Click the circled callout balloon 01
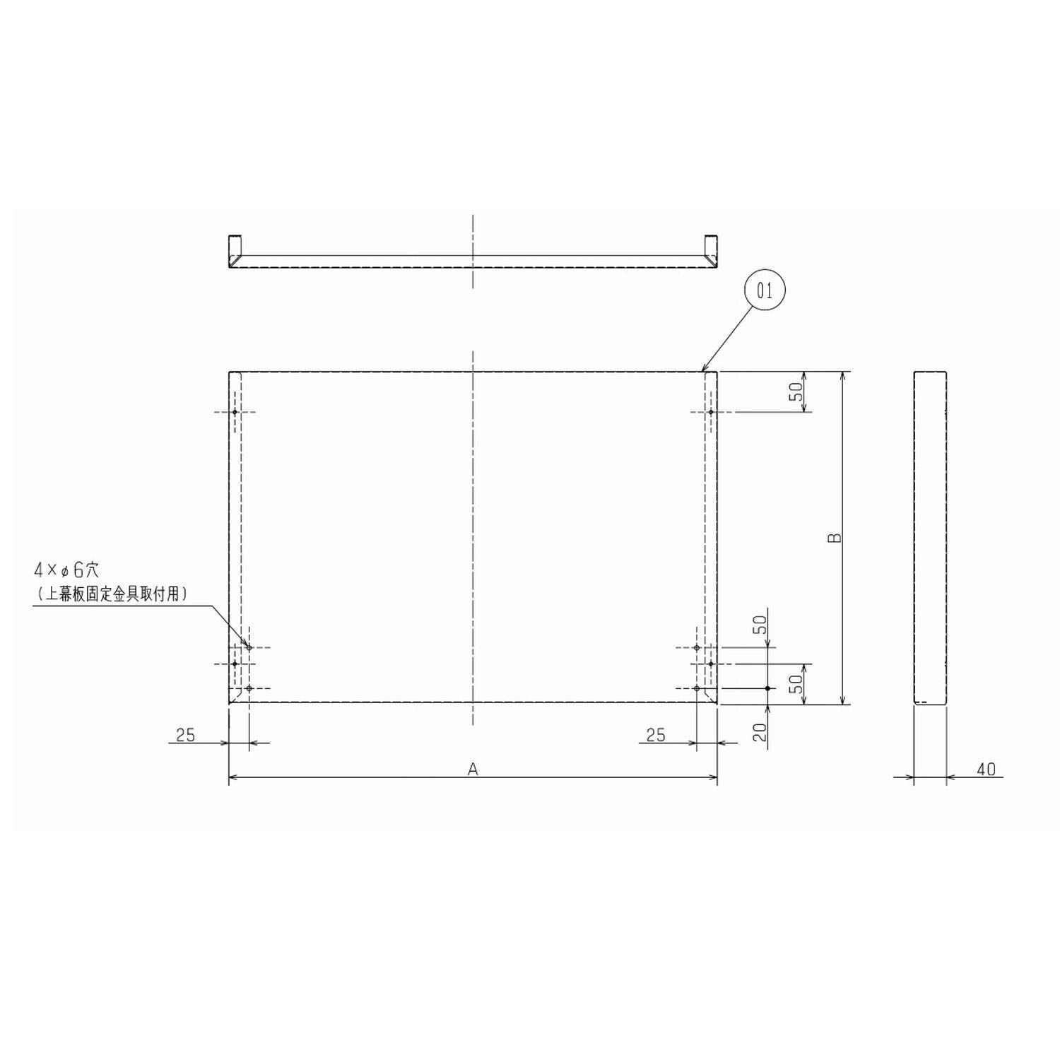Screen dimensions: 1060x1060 pyautogui.click(x=765, y=290)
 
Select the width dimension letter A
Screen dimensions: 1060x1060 pyautogui.click(x=473, y=769)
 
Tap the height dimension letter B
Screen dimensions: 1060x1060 pyautogui.click(x=835, y=537)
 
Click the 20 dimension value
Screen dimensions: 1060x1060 pyautogui.click(x=760, y=732)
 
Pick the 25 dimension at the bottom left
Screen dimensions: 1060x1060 pyautogui.click(x=185, y=735)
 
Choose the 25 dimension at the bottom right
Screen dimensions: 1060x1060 pyautogui.click(x=656, y=735)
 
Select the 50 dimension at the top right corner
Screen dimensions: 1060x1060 pyautogui.click(x=796, y=391)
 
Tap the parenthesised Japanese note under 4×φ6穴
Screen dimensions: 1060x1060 pyautogui.click(x=112, y=594)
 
